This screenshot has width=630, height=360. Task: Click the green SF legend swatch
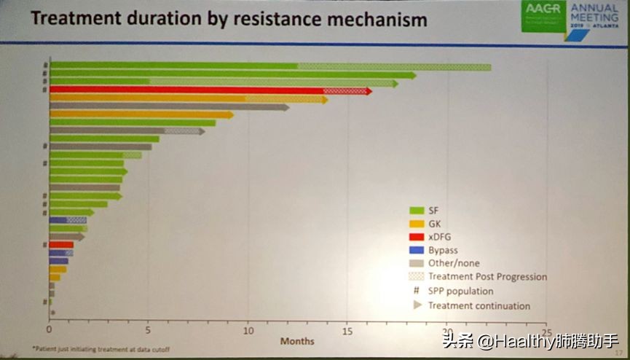(416, 211)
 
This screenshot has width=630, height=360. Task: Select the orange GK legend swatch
(416, 224)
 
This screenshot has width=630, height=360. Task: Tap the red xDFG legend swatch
(416, 237)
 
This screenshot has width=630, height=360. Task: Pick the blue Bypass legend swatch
(416, 250)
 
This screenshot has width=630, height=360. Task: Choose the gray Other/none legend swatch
(416, 263)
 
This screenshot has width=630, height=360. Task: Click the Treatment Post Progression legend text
(487, 277)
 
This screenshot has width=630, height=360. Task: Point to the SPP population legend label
(461, 291)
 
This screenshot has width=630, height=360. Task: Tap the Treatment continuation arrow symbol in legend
(417, 305)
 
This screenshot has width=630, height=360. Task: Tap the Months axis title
(297, 340)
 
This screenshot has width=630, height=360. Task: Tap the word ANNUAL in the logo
(594, 9)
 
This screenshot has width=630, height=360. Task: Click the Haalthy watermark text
(543, 340)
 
